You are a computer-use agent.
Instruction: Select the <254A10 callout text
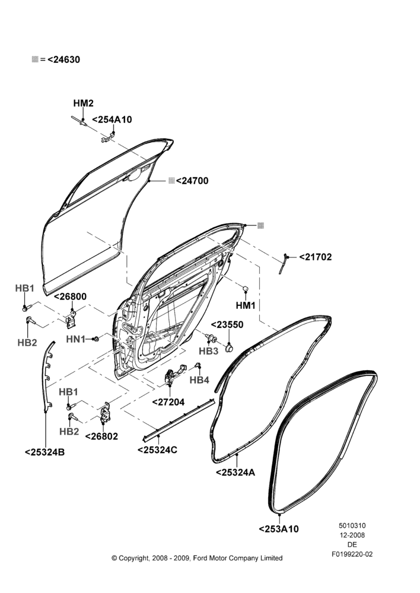pyautogui.click(x=112, y=120)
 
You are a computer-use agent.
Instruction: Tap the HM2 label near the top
pyautogui.click(x=83, y=103)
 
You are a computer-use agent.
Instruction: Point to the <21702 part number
pyautogui.click(x=316, y=257)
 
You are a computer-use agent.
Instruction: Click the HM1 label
pyautogui.click(x=246, y=305)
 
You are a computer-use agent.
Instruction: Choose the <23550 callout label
pyautogui.click(x=227, y=325)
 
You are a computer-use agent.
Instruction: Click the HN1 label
pyautogui.click(x=76, y=339)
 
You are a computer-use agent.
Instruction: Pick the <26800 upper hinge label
pyautogui.click(x=71, y=296)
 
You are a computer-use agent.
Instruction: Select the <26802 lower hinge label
pyautogui.click(x=102, y=436)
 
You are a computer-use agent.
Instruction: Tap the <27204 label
pyautogui.click(x=168, y=402)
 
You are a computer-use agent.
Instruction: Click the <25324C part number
pyautogui.click(x=157, y=449)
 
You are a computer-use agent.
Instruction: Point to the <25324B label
pyautogui.click(x=44, y=452)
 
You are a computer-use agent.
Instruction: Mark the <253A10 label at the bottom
pyautogui.click(x=279, y=529)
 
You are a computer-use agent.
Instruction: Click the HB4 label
pyautogui.click(x=199, y=380)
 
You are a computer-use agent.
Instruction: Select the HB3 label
pyautogui.click(x=208, y=351)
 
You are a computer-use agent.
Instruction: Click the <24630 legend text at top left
pyautogui.click(x=63, y=59)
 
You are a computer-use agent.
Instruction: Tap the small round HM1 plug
pyautogui.click(x=245, y=289)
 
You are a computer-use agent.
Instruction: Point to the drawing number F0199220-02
pyautogui.click(x=352, y=554)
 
